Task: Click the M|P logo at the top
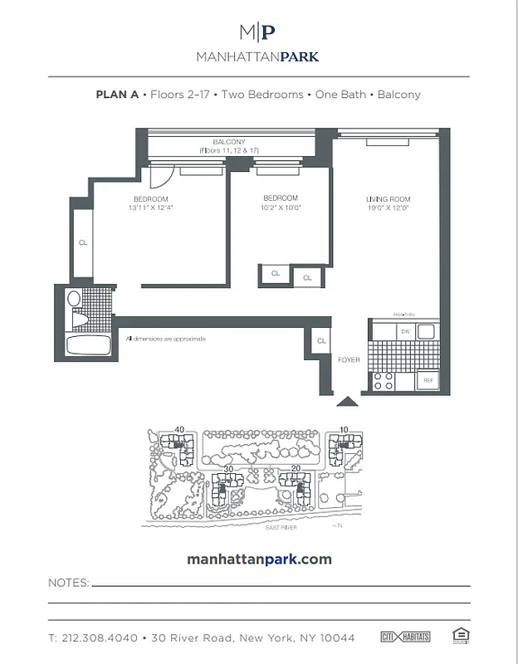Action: point(257,32)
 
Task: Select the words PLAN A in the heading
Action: point(117,95)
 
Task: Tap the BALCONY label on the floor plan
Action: point(227,142)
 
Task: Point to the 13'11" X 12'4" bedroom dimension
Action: point(150,208)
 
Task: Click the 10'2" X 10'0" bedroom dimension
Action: point(280,207)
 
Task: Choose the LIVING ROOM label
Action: point(388,199)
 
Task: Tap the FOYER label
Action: point(348,360)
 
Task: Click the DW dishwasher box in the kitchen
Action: point(406,332)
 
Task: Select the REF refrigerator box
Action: point(428,381)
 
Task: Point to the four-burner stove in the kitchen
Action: point(384,380)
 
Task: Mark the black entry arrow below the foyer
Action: point(347,402)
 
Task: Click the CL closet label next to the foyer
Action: point(320,341)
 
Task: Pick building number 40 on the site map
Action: point(178,430)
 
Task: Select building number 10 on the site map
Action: point(343,430)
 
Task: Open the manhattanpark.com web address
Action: point(259,559)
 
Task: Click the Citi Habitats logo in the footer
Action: point(406,637)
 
